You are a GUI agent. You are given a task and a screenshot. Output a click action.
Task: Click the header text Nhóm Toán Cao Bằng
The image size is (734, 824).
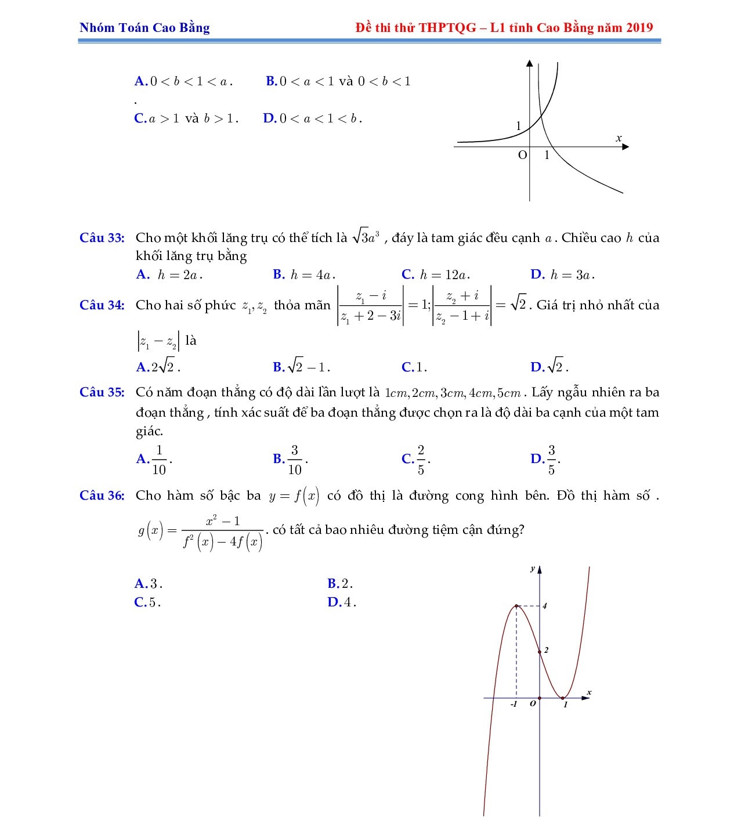tap(144, 27)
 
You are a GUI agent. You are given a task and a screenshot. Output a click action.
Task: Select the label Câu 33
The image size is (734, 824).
tap(102, 237)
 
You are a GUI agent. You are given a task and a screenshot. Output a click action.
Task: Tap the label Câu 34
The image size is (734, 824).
tap(102, 305)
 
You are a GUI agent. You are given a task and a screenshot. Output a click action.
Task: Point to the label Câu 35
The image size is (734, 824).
tap(102, 392)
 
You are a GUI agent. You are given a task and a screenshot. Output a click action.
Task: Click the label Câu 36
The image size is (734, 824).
tap(102, 496)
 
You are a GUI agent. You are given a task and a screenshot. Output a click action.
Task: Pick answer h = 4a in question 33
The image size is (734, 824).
tap(305, 274)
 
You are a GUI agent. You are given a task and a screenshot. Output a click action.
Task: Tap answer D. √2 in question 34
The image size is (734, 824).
tap(549, 367)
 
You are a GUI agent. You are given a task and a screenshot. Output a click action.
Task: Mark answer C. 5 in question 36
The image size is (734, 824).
tap(147, 602)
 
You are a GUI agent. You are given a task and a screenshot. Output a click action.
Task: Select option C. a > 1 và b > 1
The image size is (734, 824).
tap(186, 118)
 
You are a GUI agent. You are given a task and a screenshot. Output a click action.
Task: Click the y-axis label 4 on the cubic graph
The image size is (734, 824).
tap(545, 606)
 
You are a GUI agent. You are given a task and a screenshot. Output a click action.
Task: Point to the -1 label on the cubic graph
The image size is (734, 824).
tap(514, 704)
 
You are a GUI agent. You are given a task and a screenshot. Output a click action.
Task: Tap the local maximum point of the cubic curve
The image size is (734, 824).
tap(516, 606)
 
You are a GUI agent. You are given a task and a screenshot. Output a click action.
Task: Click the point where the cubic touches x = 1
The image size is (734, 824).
tap(563, 698)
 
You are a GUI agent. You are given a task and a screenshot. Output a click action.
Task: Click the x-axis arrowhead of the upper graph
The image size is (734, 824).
tap(625, 147)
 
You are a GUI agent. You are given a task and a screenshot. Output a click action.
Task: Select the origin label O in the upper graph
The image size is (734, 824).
tap(522, 155)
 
